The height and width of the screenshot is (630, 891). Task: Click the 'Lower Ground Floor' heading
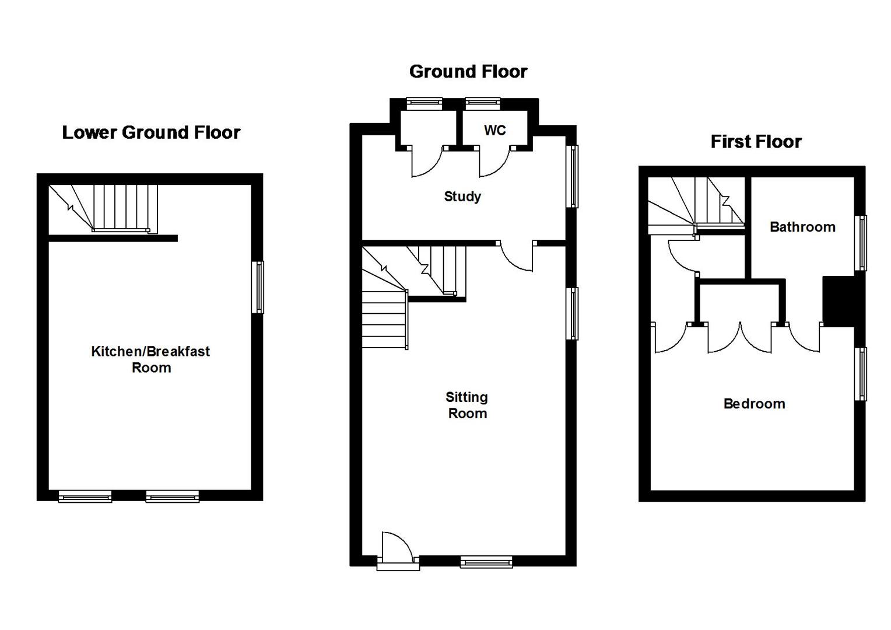(151, 132)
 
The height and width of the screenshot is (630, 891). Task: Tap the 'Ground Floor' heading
(468, 71)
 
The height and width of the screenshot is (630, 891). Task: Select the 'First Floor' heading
(756, 142)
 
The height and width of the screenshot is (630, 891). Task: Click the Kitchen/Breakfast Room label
(150, 359)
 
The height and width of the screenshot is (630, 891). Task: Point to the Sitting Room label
(466, 405)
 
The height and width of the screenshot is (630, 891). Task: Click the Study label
(462, 197)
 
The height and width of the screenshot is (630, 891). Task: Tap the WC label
(494, 131)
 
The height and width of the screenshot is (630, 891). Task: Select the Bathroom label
(802, 227)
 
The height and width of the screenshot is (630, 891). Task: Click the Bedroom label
(754, 404)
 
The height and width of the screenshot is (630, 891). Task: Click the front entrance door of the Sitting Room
(398, 551)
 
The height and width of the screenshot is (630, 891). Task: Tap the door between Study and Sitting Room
(517, 257)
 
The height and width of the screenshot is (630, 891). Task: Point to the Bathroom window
(861, 243)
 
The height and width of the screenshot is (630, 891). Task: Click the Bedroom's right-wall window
(861, 374)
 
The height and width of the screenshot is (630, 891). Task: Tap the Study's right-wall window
(573, 176)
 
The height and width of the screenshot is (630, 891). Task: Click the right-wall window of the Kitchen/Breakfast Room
(258, 287)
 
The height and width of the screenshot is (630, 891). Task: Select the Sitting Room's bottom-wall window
(486, 562)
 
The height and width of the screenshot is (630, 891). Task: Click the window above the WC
(482, 103)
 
